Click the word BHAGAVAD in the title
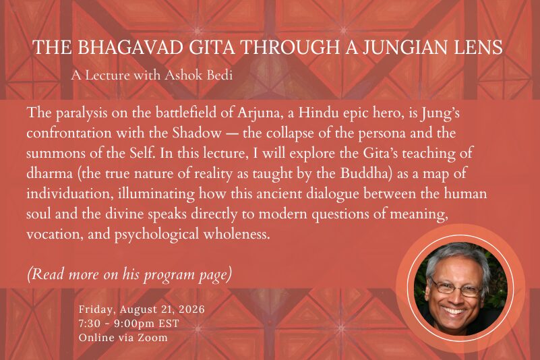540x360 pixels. (x=130, y=47)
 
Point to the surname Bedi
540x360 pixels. (x=220, y=75)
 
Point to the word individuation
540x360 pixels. (x=70, y=193)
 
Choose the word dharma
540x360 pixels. (x=50, y=173)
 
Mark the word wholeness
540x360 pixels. (x=236, y=234)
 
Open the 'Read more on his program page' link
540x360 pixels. (x=129, y=274)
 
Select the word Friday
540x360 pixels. (x=98, y=309)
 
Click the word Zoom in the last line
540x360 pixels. (x=153, y=337)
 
